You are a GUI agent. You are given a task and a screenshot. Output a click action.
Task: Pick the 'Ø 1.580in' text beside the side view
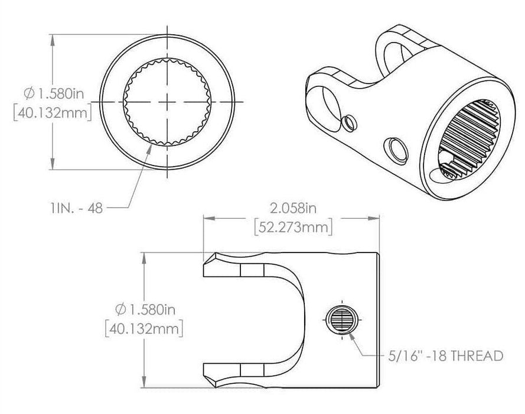coord(142,308)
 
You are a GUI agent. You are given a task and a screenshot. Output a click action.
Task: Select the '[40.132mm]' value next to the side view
coord(142,327)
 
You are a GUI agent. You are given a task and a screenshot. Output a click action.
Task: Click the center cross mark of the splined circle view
coord(168,102)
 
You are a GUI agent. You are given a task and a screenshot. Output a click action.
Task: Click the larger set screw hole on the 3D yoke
coord(395,149)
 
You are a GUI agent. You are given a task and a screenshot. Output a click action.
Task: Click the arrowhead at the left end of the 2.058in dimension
coord(208,217)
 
